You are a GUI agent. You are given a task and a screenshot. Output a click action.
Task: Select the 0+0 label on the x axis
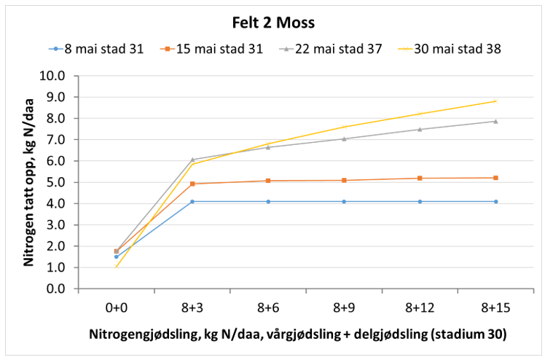(x=116, y=307)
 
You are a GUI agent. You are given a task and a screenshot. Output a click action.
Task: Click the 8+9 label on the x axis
(x=344, y=307)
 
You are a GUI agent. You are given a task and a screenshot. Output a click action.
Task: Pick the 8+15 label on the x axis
(x=495, y=307)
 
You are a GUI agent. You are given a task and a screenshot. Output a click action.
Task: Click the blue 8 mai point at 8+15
(x=495, y=201)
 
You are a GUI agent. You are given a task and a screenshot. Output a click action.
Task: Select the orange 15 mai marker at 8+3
(x=192, y=184)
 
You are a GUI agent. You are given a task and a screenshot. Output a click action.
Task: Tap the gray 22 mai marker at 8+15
(x=495, y=121)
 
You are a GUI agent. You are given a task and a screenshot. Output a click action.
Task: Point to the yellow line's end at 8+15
(x=495, y=101)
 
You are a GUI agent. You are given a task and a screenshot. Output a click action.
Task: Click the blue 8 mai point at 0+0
(x=116, y=257)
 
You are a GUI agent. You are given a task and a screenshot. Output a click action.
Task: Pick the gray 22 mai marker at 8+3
(x=192, y=160)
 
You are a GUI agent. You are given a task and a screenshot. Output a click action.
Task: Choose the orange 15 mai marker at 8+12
(x=420, y=178)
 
